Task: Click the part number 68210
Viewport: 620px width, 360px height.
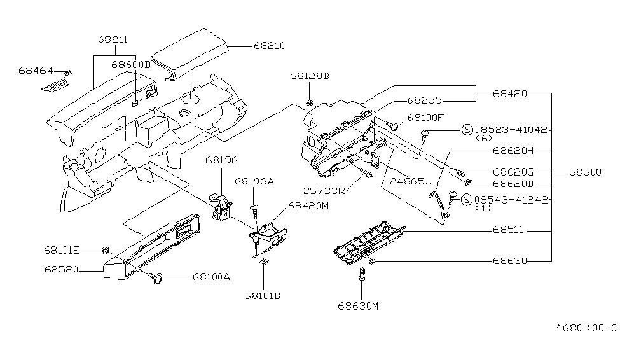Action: coord(269,46)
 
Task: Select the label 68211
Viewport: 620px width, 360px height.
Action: coord(113,39)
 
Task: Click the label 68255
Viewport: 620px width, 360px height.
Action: coord(424,100)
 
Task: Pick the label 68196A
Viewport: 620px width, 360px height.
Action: coord(254,181)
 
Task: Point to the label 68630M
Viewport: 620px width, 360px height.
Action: coord(358,306)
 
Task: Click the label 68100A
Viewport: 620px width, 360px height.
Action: coord(212,277)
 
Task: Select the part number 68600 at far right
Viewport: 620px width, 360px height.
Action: coord(583,172)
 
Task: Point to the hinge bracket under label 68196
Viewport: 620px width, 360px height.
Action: coord(221,208)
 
